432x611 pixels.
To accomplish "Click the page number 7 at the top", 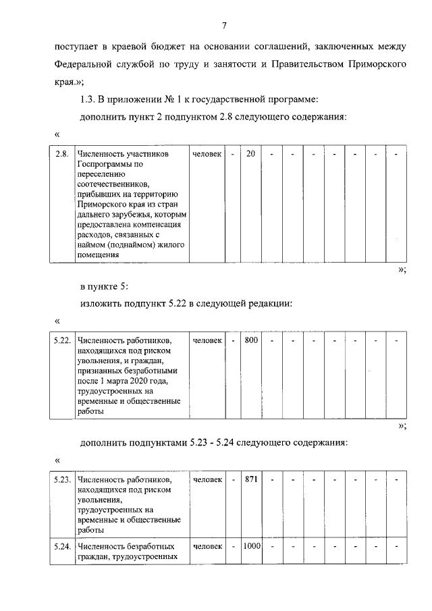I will (x=223, y=26).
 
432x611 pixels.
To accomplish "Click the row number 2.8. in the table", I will (x=62, y=154).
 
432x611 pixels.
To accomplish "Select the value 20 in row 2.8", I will (x=250, y=154).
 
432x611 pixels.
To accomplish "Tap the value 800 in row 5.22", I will (x=251, y=340).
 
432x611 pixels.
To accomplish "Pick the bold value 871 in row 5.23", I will (x=252, y=479).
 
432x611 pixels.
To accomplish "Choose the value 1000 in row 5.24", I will (x=252, y=546).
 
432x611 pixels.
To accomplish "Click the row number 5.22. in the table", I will (x=63, y=340).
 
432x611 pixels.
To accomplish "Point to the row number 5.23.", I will (x=63, y=479).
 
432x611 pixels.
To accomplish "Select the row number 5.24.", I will (x=63, y=546).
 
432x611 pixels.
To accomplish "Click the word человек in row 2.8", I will (x=207, y=154).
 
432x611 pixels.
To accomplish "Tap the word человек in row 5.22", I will (x=207, y=340).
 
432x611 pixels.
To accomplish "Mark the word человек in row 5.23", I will (x=207, y=479).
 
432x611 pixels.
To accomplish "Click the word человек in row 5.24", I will (x=207, y=546).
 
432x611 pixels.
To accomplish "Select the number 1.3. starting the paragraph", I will (x=87, y=99).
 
